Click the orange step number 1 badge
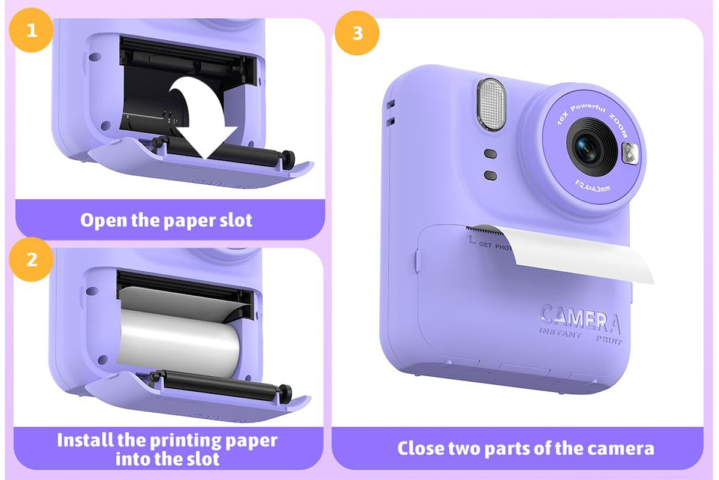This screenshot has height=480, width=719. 31,30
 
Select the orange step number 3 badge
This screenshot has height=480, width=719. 357,32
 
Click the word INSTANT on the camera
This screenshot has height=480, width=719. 560,333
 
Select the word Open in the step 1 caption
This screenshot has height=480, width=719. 104,220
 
